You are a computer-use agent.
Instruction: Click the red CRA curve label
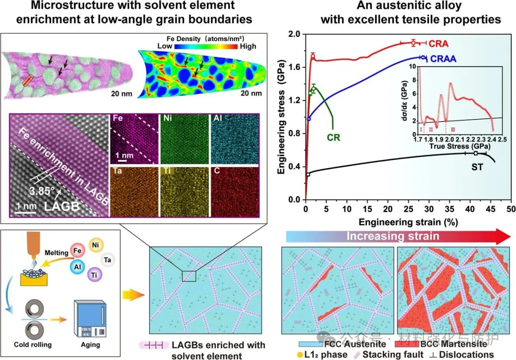pyautogui.click(x=438, y=44)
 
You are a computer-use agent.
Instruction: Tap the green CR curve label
pyautogui.click(x=333, y=138)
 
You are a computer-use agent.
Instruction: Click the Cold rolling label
pyautogui.click(x=33, y=344)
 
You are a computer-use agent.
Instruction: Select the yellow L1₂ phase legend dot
pyautogui.click(x=299, y=354)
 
